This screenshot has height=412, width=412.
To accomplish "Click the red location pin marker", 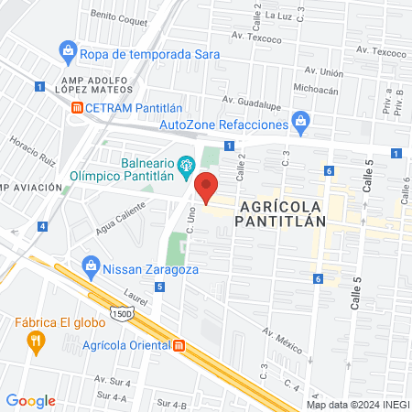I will coord(206,186).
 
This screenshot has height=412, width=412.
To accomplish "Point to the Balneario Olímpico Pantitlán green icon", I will coord(187,165).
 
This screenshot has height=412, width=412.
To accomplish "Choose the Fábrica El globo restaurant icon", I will coord(37,342).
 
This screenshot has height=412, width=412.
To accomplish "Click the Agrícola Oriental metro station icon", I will coord(179,346).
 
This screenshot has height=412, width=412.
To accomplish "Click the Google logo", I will coord(30,400).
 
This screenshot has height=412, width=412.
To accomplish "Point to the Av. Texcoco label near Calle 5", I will coord(380,53).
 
